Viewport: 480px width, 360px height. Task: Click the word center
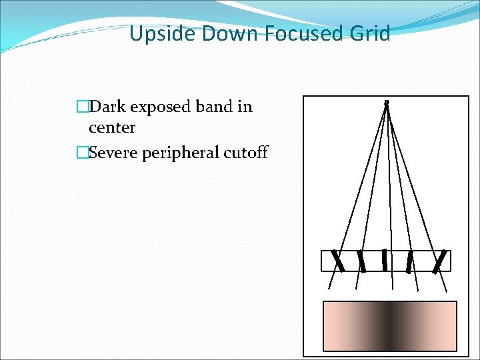(112, 127)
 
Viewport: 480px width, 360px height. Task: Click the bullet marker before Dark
(82, 107)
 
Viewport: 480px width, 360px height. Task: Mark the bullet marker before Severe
(82, 152)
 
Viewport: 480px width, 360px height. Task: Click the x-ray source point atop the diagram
(386, 103)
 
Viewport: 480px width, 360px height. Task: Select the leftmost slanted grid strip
(339, 261)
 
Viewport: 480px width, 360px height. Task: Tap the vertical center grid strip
(385, 259)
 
